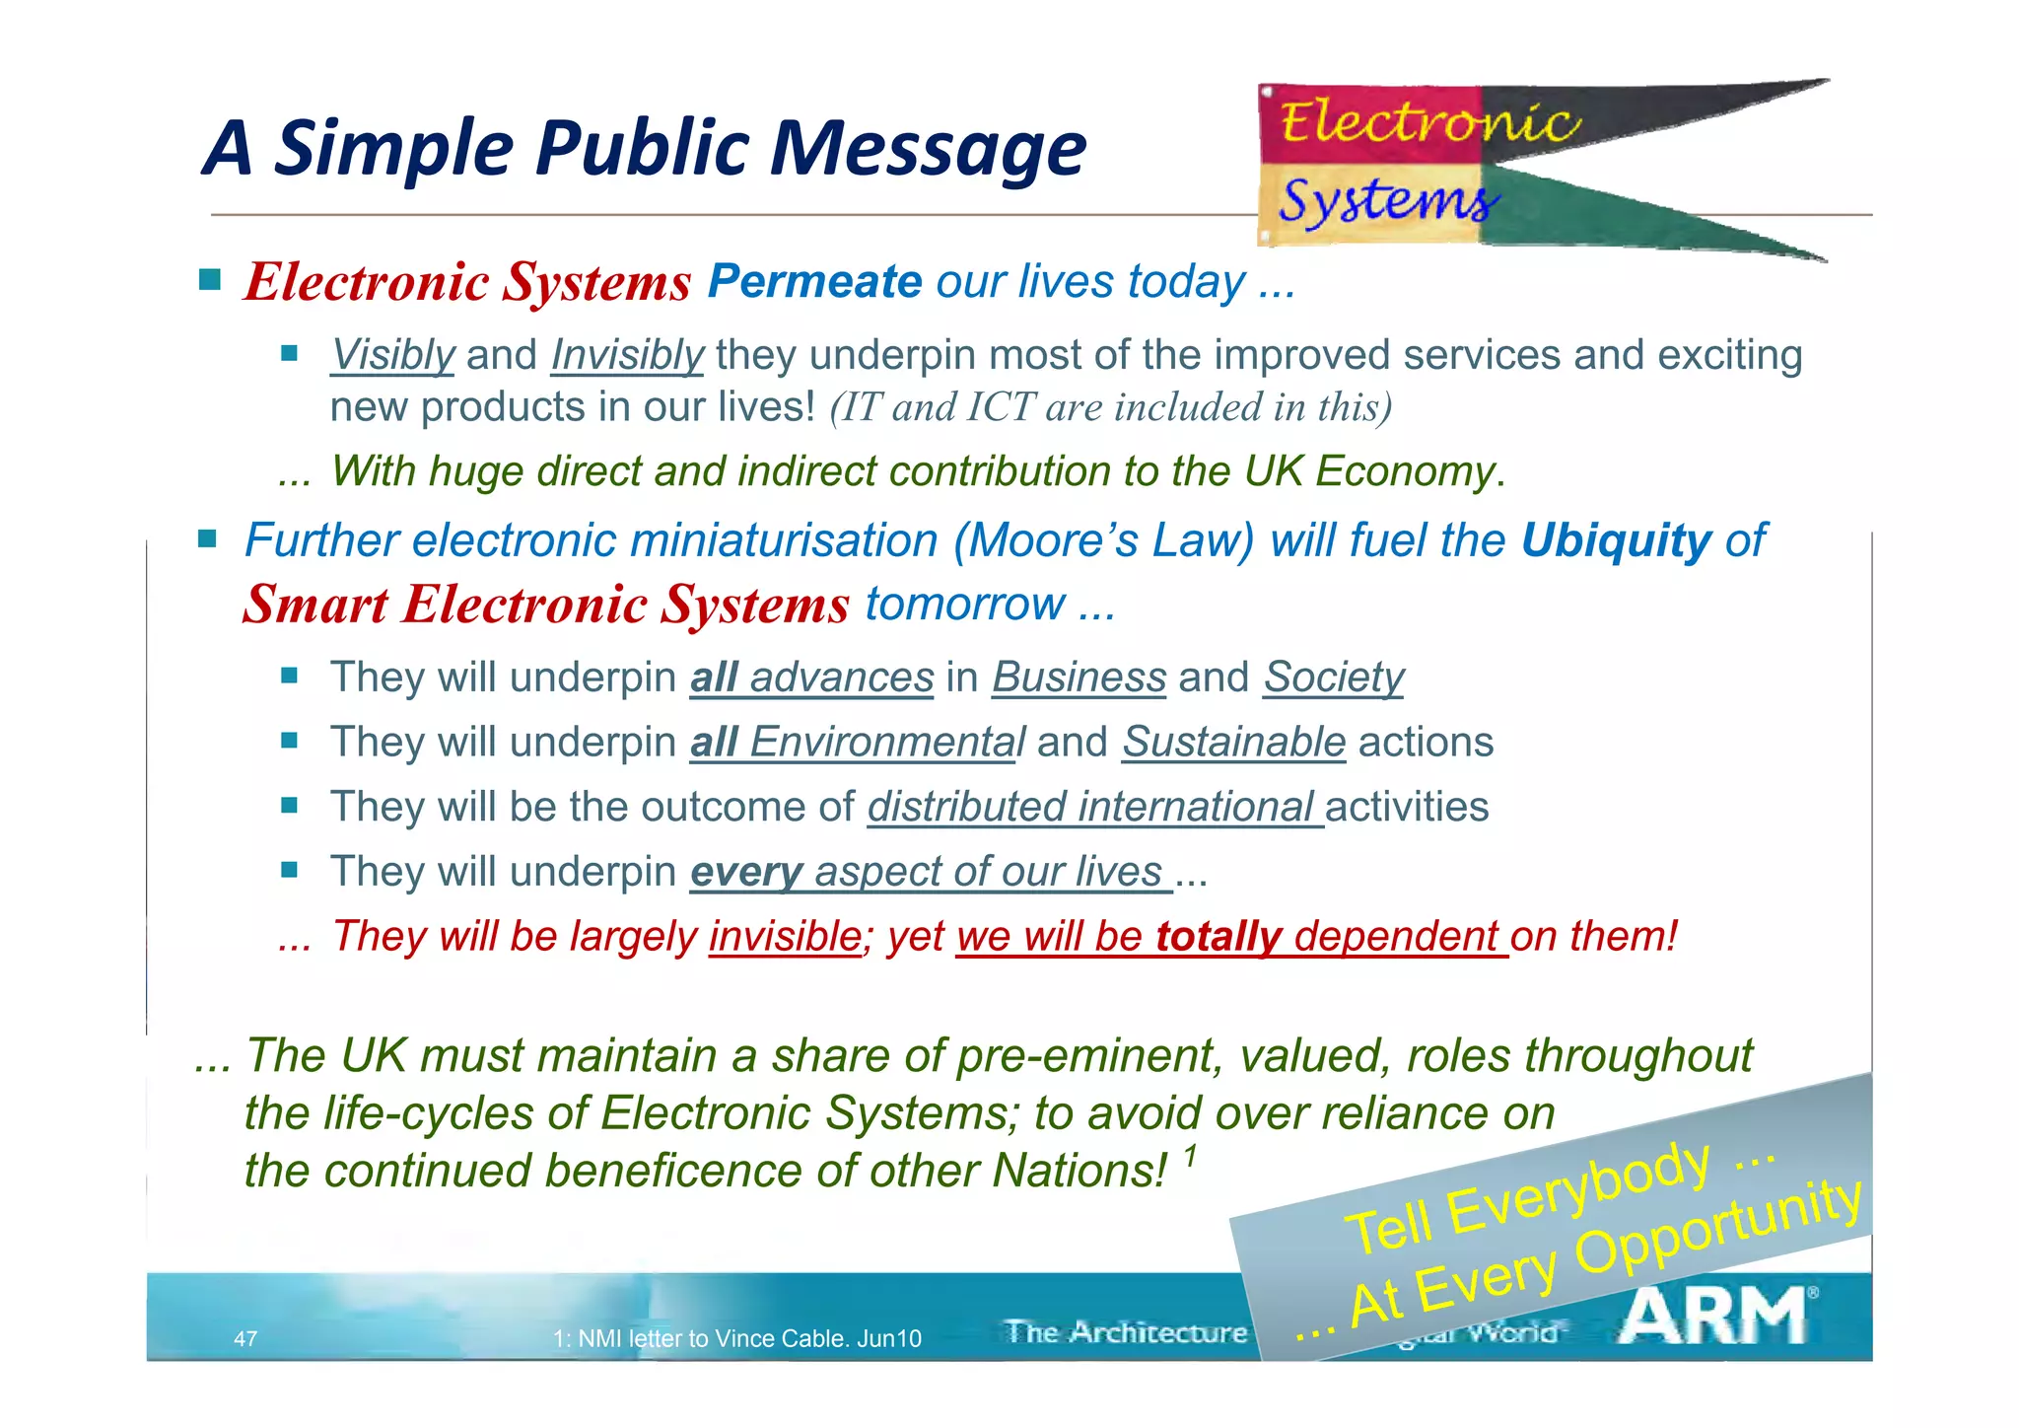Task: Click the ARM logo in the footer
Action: coord(1716,1316)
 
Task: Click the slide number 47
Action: coord(245,1338)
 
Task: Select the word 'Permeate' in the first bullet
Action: coord(814,282)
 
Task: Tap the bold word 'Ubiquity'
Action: coord(1616,541)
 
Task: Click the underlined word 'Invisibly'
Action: coord(627,356)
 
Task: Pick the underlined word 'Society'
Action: coord(1334,678)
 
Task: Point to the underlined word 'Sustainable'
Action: coord(1233,743)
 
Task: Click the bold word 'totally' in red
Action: coord(1218,937)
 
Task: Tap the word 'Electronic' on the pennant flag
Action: coord(1428,124)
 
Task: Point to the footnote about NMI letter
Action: coord(737,1338)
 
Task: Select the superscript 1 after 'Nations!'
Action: coord(1191,1154)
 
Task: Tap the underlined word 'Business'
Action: coord(1079,678)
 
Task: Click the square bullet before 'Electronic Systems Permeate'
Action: coord(210,280)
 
